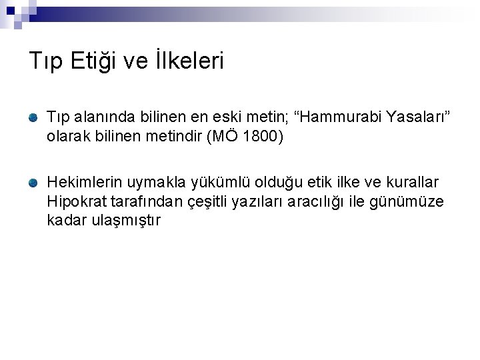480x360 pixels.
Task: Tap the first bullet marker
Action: point(33,118)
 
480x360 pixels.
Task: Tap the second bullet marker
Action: point(33,182)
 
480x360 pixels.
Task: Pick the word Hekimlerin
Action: point(79,182)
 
